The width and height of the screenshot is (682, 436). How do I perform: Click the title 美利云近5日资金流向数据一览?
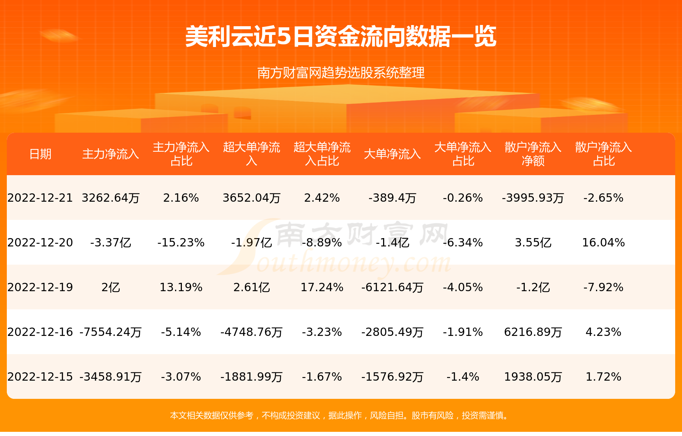(x=341, y=37)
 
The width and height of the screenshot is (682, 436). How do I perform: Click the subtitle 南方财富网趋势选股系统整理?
(x=341, y=72)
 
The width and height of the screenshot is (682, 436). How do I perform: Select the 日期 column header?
(x=40, y=154)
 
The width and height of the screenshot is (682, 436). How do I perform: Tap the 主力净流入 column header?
(x=111, y=154)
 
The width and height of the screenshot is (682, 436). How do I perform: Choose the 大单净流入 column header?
(x=392, y=154)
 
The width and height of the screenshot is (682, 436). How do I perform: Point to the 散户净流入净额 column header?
(x=533, y=154)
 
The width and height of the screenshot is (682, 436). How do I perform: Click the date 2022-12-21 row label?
(x=40, y=198)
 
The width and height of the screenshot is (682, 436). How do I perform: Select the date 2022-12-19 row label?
(x=40, y=287)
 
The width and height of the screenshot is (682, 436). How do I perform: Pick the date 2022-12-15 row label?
(x=40, y=377)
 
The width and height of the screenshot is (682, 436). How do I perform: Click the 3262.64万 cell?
(x=111, y=198)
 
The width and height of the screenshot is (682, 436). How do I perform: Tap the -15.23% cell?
(x=181, y=243)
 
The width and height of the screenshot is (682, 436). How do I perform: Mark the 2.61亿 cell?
(x=252, y=287)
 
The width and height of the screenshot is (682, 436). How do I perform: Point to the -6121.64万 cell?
(x=392, y=287)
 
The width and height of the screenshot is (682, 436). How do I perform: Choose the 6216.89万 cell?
(x=533, y=332)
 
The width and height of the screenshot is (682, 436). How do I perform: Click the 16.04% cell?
(x=604, y=243)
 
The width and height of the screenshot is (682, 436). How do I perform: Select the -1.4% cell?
(x=463, y=377)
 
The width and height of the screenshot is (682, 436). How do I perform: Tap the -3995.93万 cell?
(x=533, y=198)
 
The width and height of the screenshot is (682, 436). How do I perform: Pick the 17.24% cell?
(x=322, y=287)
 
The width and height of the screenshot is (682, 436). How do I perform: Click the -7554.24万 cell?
(x=111, y=332)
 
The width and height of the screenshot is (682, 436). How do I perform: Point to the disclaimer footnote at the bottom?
(x=341, y=416)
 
